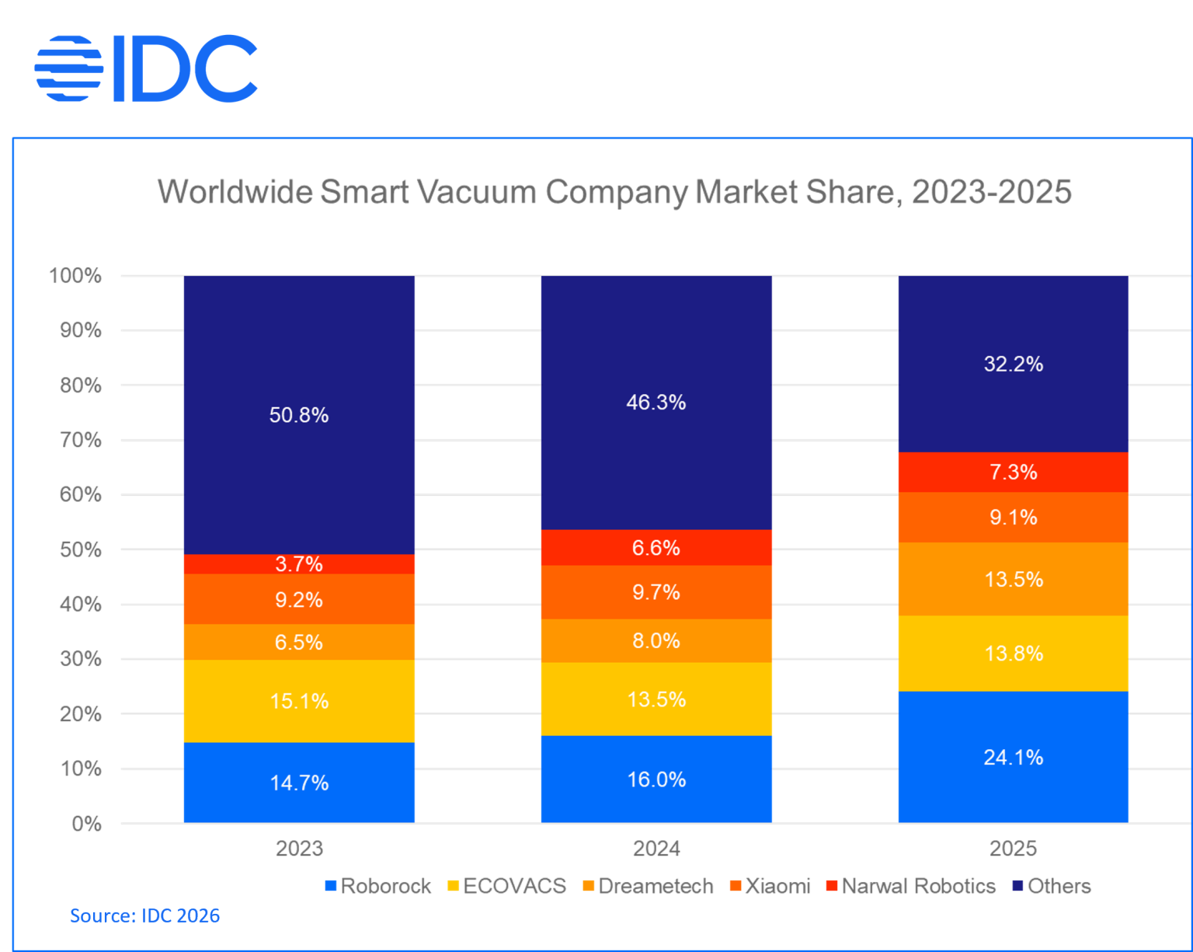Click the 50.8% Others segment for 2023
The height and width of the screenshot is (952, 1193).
click(x=299, y=415)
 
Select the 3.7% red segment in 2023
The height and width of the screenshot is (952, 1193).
click(x=299, y=564)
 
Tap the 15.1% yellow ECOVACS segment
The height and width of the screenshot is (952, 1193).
click(x=299, y=701)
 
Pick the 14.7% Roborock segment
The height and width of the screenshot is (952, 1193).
click(x=299, y=783)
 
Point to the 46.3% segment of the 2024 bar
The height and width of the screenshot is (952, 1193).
click(x=656, y=403)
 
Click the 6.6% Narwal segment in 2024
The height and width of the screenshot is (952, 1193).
click(x=656, y=548)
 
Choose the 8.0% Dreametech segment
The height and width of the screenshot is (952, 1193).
click(x=656, y=641)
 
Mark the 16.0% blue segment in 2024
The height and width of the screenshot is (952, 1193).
click(x=656, y=779)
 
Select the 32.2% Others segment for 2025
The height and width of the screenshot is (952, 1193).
click(x=1014, y=364)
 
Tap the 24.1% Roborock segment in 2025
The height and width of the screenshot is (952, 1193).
click(x=1014, y=757)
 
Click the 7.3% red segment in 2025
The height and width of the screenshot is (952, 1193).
click(x=1014, y=472)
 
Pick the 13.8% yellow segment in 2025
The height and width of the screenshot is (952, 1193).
click(x=1014, y=654)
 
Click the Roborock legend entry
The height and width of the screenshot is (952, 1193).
click(x=381, y=887)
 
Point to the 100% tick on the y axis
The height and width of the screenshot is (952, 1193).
click(x=76, y=274)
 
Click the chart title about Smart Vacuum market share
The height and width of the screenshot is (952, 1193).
click(x=614, y=191)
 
